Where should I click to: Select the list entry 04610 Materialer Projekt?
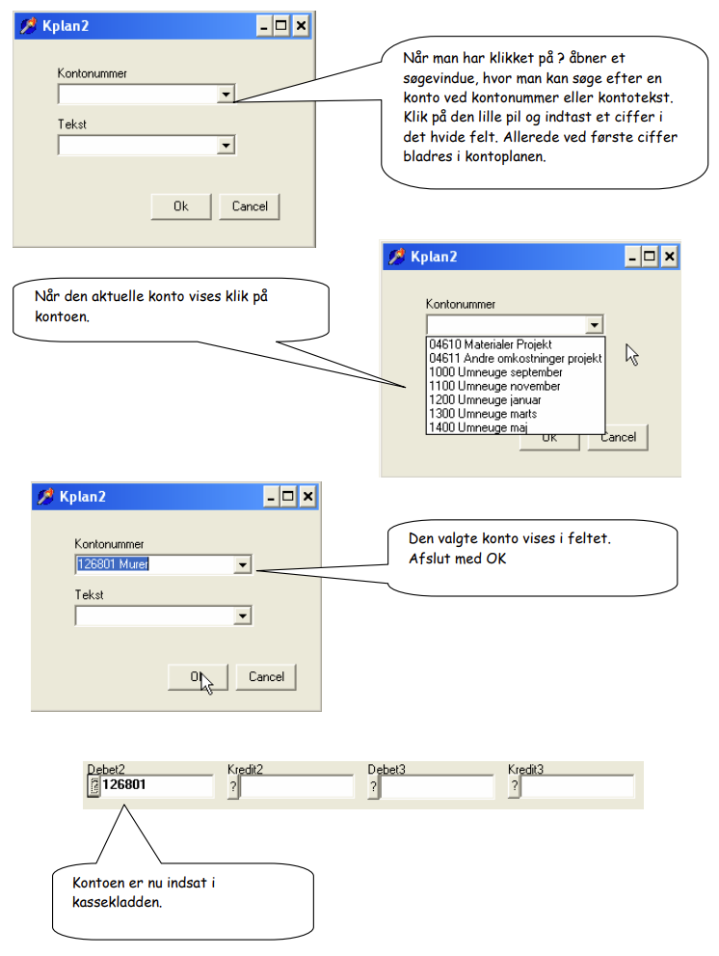491,344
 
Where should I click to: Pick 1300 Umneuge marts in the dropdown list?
483,414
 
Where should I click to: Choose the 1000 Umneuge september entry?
495,372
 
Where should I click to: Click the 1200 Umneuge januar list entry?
485,400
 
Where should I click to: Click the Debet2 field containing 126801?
156,785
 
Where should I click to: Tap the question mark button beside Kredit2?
233,786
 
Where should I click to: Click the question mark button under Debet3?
373,786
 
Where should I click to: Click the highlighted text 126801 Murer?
113,564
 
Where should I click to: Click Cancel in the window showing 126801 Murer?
266,677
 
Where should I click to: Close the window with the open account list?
669,257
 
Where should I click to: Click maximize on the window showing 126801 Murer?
288,497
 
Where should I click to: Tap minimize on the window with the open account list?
633,257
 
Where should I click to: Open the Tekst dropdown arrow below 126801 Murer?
243,615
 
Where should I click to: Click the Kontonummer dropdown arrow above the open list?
594,324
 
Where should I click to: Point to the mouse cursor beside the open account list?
632,354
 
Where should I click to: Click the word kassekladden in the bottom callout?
117,902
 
